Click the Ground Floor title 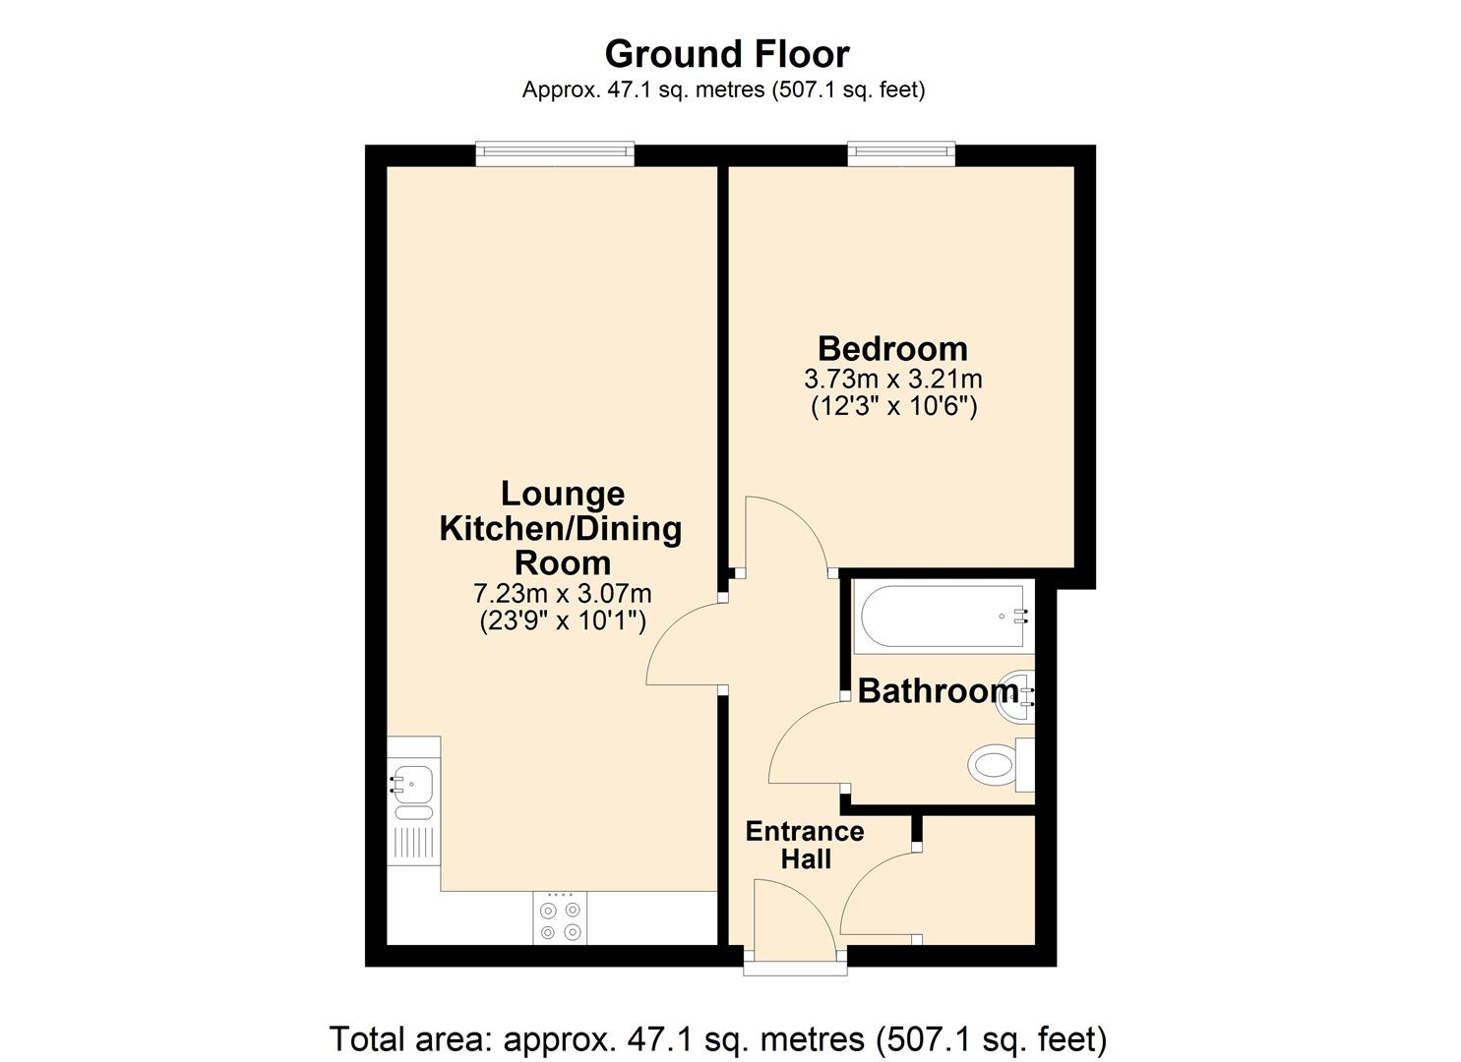[x=726, y=53]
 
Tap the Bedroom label [x=892, y=348]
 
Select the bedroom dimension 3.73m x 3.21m [x=892, y=379]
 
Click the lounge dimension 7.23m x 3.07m [x=562, y=594]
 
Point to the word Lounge [x=562, y=493]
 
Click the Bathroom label [x=938, y=690]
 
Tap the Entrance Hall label [x=805, y=845]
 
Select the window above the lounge [x=554, y=151]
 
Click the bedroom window [x=901, y=151]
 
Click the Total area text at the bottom [x=717, y=1038]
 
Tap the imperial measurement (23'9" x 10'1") [x=562, y=621]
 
